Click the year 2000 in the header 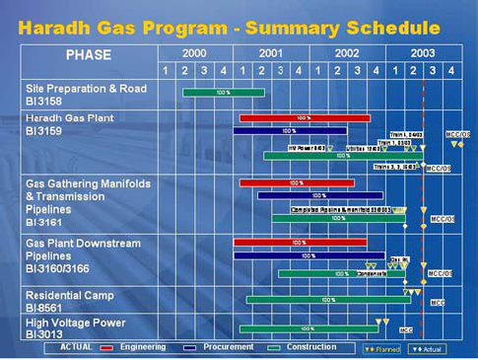(194, 52)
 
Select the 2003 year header (423, 52)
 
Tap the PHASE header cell (89, 54)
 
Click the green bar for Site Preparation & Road (223, 93)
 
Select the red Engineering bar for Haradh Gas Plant (304, 118)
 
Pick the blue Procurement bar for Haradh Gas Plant (290, 130)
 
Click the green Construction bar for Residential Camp (328, 299)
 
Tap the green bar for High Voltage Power (306, 328)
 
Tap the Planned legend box (382, 349)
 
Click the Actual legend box (429, 349)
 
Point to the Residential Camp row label (70, 295)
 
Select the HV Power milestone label (306, 148)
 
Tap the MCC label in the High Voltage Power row (406, 330)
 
